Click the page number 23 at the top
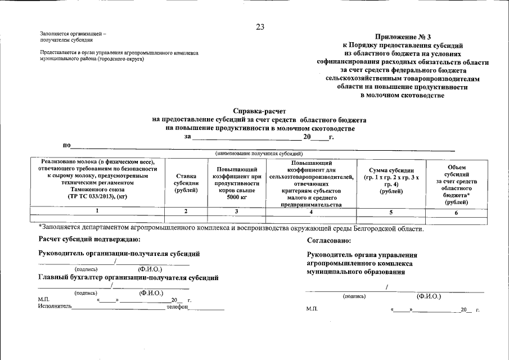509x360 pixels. click(260, 26)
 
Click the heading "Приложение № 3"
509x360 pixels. click(402, 36)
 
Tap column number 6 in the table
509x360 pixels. click(456, 212)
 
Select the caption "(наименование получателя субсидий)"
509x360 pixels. click(259, 154)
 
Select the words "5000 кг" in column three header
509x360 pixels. click(236, 197)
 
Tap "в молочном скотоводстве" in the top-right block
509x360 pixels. click(402, 95)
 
